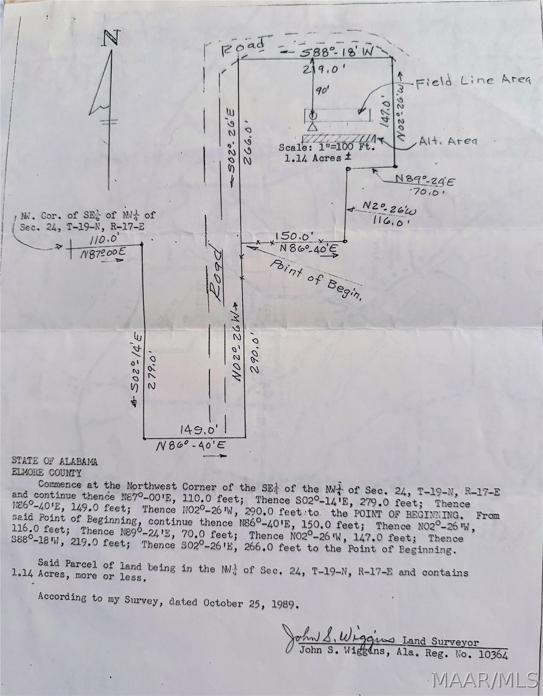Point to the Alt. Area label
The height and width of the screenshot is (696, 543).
click(448, 141)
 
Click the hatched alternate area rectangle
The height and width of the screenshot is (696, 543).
click(339, 138)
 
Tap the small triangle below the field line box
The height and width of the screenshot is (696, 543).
click(313, 127)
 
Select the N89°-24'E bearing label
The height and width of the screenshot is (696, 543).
click(425, 180)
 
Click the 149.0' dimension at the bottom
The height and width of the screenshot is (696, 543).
click(199, 430)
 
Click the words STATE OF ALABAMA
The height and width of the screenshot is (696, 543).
click(55, 461)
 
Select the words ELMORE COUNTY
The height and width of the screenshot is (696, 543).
click(47, 472)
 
